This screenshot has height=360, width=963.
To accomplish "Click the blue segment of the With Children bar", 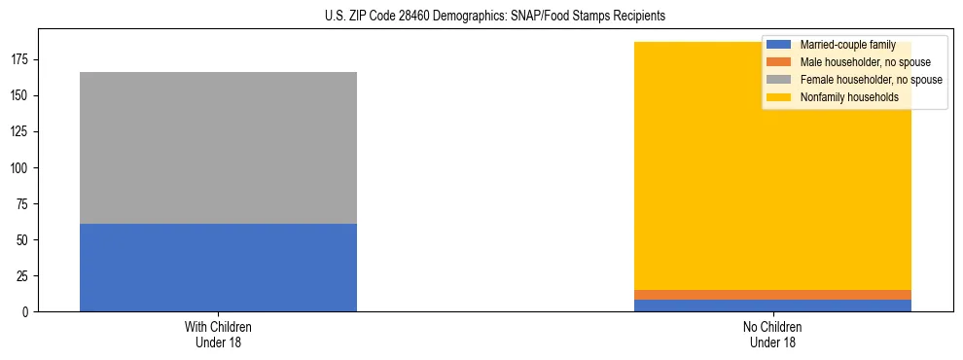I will coord(218,268).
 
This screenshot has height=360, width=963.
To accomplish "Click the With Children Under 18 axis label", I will coord(218,335).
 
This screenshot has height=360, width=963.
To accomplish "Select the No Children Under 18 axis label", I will coord(772,335).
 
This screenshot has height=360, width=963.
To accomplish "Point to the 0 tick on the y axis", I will coord(27,312).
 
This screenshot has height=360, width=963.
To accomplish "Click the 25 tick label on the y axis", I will coord(24,276).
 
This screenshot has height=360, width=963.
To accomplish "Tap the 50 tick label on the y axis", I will coord(24,240).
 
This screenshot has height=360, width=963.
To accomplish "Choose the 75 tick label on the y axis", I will coord(24,204).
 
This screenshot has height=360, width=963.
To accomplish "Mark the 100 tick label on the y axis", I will coord(21,168).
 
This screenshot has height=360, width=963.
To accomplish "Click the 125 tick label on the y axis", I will coord(21,132).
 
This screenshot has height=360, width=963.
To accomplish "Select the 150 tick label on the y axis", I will coord(21,96).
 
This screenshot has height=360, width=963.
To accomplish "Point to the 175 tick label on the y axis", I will coord(21,60).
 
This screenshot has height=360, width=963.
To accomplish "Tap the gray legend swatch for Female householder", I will coord(779,80).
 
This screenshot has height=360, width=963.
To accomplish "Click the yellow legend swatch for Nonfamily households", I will coord(779,97).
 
